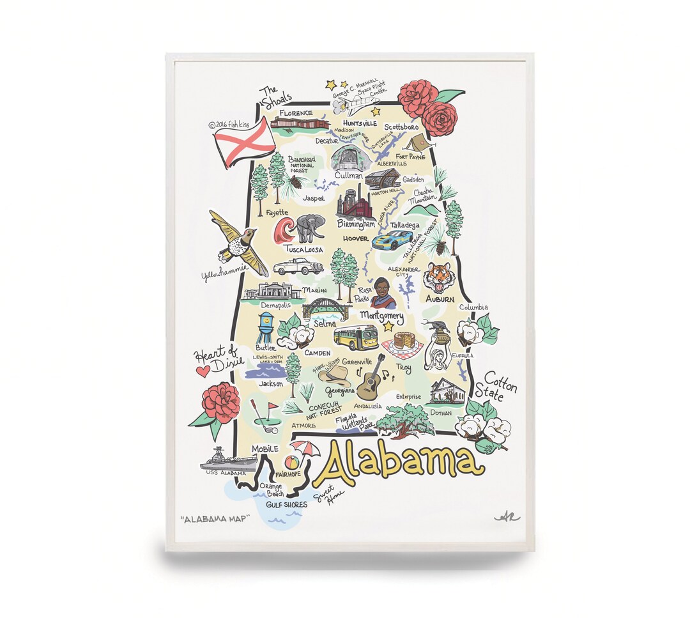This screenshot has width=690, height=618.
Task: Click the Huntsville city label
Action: click(360, 123)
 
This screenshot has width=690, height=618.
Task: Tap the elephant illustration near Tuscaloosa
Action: click(310, 228)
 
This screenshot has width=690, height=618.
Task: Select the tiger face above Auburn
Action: click(439, 277)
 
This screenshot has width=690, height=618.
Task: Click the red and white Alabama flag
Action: click(244, 142)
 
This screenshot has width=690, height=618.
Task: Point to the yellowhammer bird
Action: click(238, 243)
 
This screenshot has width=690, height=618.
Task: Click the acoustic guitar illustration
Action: click(371, 378)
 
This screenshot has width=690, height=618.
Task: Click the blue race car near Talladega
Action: click(392, 240)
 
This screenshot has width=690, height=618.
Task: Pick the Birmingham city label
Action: click(356, 224)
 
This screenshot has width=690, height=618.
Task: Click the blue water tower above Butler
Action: click(265, 328)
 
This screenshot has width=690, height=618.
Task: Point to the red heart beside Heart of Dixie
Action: click(203, 370)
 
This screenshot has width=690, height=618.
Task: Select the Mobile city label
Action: click(264, 449)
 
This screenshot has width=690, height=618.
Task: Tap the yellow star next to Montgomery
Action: click(388, 326)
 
